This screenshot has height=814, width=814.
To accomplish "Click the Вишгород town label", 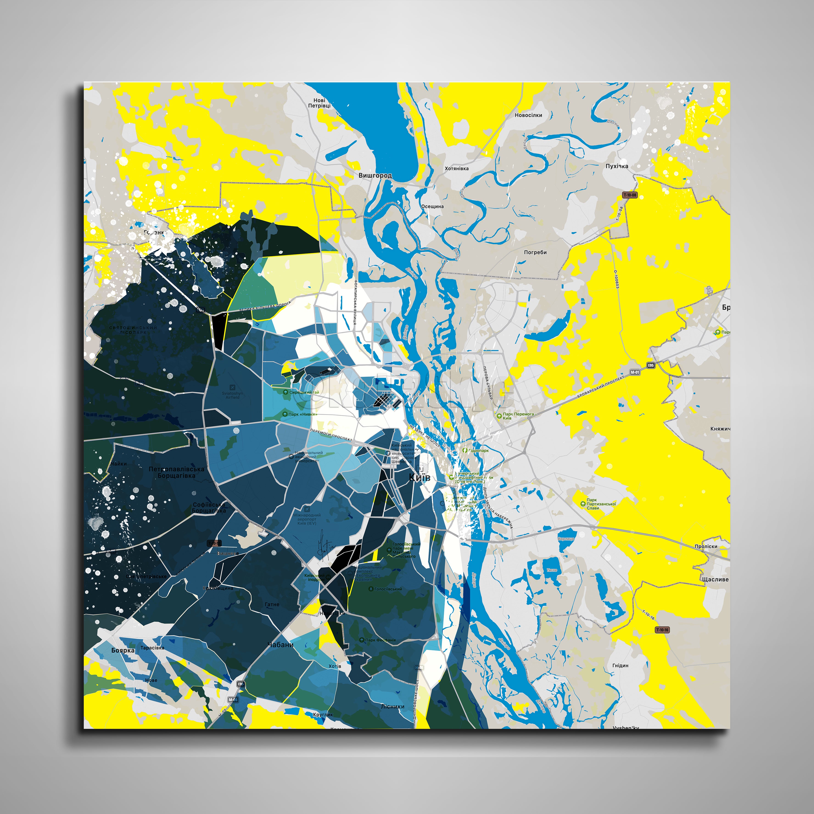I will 375,175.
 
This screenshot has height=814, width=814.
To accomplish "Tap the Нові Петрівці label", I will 319,103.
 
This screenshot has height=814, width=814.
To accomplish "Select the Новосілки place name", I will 528,115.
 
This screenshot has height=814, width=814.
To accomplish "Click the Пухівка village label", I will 617,166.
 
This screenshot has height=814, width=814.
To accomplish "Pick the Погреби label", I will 535,252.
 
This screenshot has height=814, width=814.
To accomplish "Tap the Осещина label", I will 433,207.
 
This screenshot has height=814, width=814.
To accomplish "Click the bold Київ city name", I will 420,477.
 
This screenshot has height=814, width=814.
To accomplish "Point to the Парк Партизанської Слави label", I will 601,504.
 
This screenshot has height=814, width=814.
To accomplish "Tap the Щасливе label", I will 715,579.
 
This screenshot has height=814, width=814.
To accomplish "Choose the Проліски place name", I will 706,546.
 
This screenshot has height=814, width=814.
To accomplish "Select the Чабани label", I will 281,645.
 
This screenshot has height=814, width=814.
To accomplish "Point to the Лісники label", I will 393,707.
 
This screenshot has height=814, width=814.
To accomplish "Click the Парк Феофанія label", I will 380,640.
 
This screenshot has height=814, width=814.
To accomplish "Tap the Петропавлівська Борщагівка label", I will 176,472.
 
